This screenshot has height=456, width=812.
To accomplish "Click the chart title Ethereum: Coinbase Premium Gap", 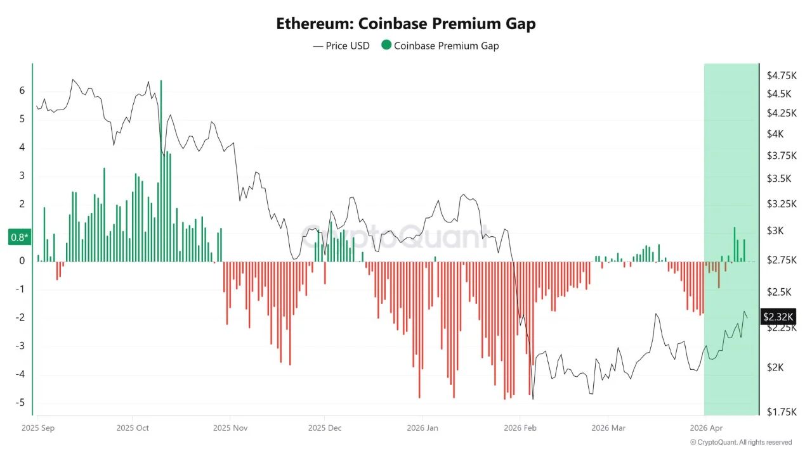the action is pos(406,24).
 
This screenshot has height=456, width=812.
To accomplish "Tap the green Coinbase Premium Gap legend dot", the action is pos(386,46).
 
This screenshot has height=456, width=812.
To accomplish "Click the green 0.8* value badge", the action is pos(19,237).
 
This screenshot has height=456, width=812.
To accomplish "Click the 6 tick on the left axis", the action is pos(22,91).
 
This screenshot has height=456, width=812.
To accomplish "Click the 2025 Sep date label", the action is pos(37,428).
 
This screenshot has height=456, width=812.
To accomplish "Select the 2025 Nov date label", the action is pos(230,428).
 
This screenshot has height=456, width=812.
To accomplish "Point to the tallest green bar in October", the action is pos(161,171).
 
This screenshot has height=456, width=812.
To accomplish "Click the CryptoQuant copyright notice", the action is pos(740,442).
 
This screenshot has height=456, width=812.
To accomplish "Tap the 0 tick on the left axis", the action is pos(22,261).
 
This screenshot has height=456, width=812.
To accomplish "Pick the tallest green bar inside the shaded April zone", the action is pos(735,244).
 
